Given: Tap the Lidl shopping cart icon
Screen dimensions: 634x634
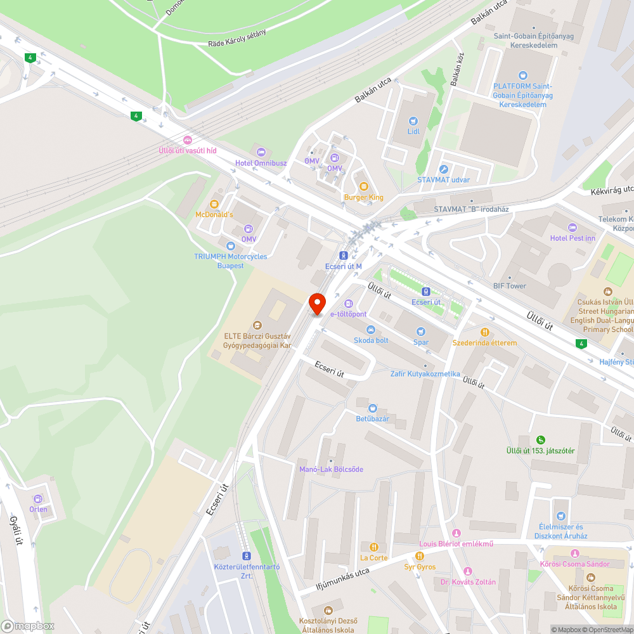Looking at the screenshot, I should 413,120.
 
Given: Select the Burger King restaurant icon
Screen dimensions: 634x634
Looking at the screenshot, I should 363,186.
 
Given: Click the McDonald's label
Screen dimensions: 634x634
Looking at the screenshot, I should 214,215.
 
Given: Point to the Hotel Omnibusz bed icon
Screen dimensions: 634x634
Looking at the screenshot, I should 261,152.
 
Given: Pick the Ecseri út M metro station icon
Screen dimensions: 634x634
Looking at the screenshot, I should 343,255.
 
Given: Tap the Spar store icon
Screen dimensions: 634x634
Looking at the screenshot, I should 420,332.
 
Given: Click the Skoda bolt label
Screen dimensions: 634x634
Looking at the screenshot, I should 371,340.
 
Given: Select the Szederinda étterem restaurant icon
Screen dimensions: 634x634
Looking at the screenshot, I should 484,332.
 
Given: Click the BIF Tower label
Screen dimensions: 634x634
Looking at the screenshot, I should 510,286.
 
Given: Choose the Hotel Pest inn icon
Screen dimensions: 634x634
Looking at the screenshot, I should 573,227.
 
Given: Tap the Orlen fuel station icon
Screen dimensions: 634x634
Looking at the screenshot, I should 37,498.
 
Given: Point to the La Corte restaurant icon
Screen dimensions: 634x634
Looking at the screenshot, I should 373,547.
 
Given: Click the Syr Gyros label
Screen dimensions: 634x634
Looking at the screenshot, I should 420,566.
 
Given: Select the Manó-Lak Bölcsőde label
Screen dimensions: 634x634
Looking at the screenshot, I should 331,469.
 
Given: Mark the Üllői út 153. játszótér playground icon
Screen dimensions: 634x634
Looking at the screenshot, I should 540,439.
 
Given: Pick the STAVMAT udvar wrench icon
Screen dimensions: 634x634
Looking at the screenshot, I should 443,169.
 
